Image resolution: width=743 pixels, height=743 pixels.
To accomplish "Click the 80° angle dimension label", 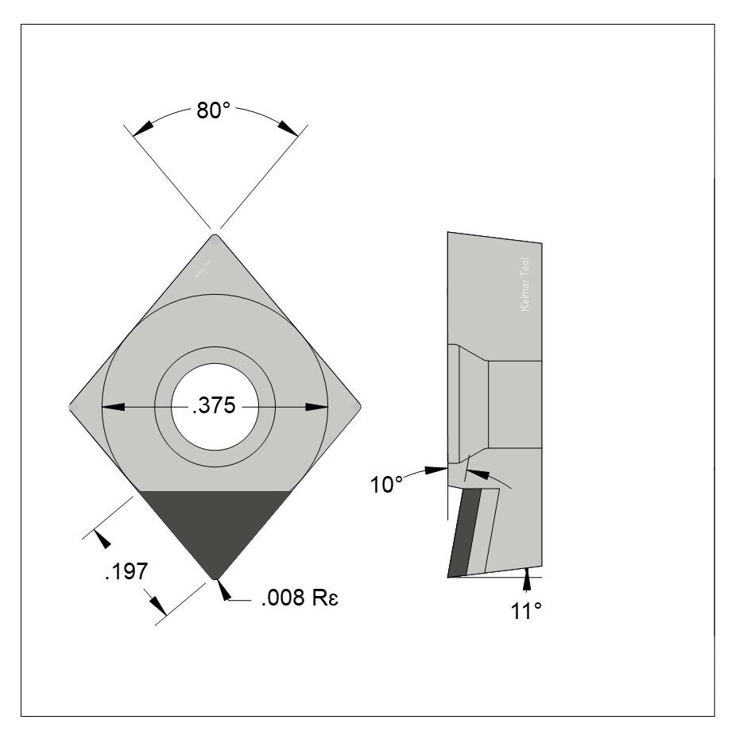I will coord(213,110).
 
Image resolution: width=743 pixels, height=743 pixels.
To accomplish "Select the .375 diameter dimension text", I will coord(215,406).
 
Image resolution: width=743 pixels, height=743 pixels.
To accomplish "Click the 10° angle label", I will coord(387,484).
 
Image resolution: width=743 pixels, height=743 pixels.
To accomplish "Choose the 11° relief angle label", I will coord(525,610).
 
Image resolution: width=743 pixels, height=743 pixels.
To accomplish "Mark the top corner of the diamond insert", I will coord(215,235).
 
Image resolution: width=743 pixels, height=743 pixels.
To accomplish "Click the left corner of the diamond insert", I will coord(73,406).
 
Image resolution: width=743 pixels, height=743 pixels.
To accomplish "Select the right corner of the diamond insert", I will coord(358,406).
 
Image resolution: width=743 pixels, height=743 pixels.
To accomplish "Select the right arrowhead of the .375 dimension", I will coord(317,407).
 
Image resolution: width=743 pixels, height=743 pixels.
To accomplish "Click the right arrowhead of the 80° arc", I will coord(288,127).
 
